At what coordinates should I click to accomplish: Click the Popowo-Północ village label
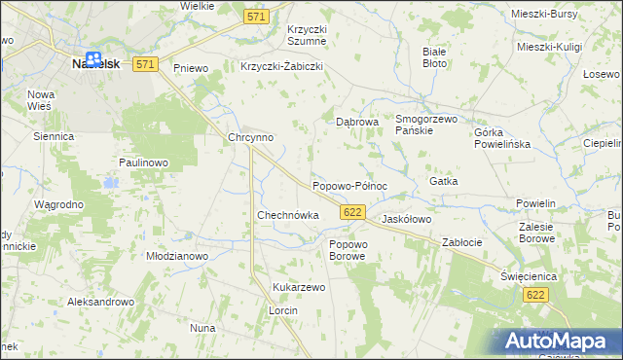pos(349,186)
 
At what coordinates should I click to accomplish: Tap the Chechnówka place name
pos(287,215)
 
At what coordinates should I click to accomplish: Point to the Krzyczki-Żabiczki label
pos(281,67)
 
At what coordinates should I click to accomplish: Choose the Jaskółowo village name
pos(407,220)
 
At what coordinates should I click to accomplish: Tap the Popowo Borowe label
pos(348,250)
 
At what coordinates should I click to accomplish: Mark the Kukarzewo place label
pos(299,288)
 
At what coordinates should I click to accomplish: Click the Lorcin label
pos(282,310)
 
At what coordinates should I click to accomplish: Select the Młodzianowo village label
pos(177,257)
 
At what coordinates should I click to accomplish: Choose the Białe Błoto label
pos(434,56)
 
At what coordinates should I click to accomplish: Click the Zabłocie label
pos(462,242)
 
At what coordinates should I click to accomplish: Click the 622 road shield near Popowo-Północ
pos(353,212)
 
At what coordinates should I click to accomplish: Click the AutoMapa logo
pos(555,342)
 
